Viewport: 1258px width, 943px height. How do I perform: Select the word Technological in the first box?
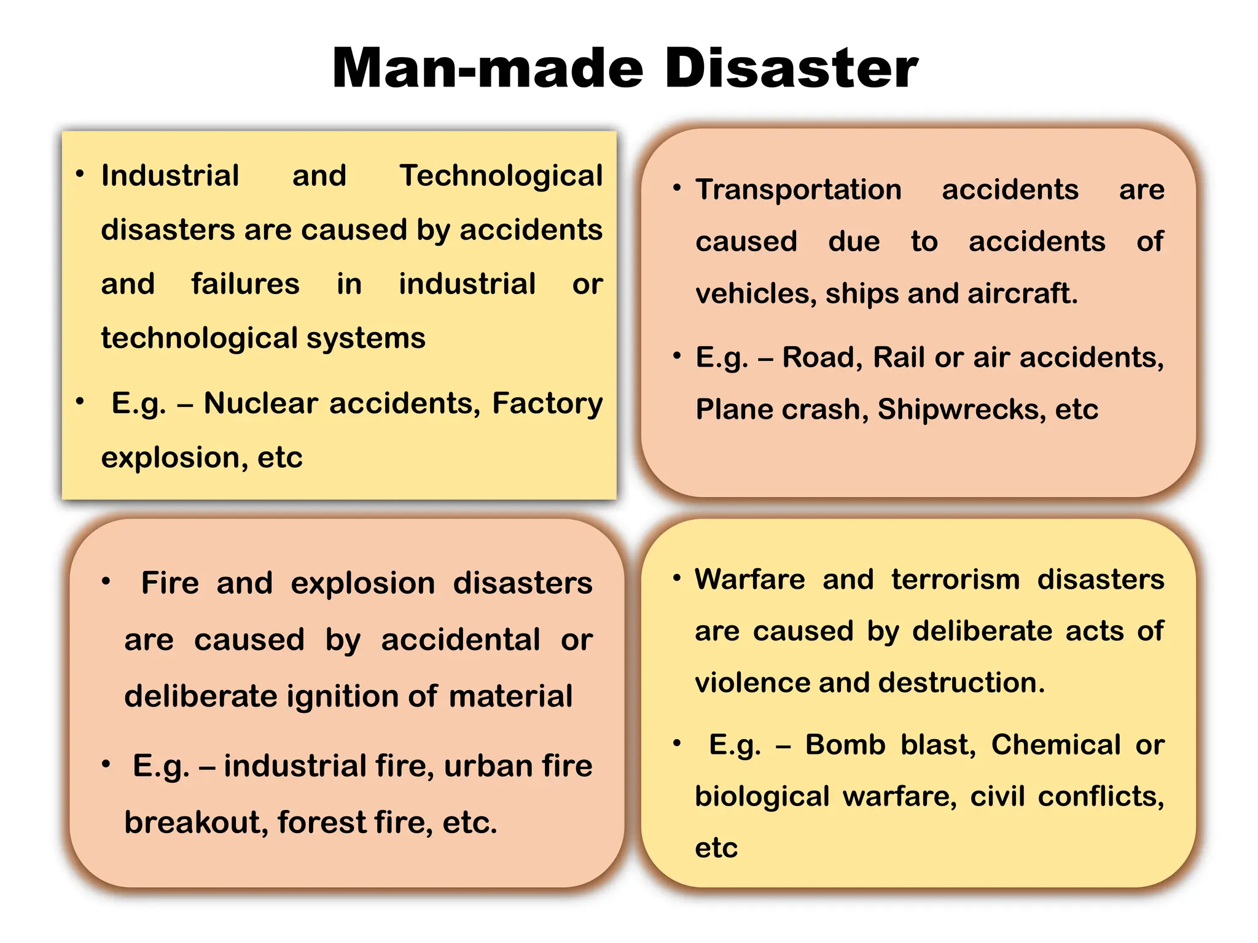(x=501, y=176)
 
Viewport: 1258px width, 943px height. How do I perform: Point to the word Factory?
(x=547, y=404)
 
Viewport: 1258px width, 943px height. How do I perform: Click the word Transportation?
(x=799, y=190)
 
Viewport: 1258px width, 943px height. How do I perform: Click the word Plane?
(x=738, y=409)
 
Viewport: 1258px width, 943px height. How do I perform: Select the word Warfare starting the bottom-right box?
(x=749, y=580)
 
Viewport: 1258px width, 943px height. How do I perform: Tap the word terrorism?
(x=955, y=580)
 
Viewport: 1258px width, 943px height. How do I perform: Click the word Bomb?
(x=845, y=745)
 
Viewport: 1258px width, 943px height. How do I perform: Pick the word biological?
(x=762, y=797)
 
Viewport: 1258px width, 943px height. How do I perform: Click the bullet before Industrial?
(x=80, y=174)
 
